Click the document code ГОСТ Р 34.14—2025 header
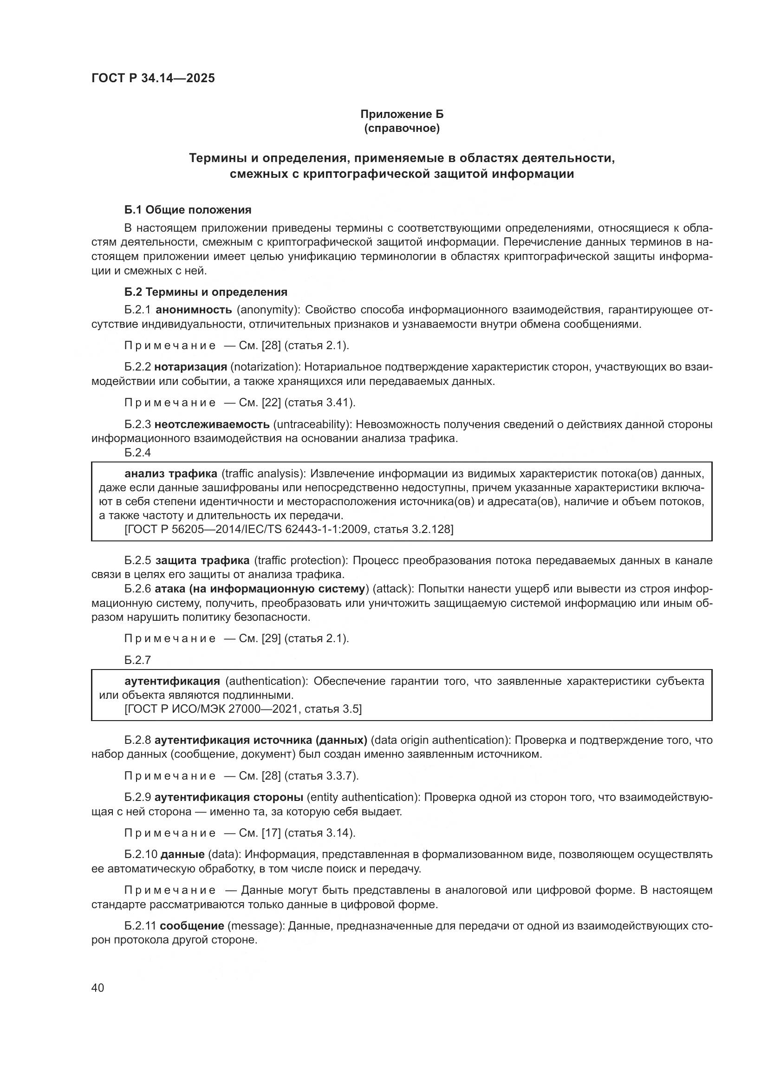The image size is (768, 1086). pyautogui.click(x=153, y=78)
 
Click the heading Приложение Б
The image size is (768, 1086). pyautogui.click(x=402, y=114)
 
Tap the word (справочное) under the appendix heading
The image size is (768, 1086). pyautogui.click(x=402, y=128)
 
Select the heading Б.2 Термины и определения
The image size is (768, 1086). pyautogui.click(x=206, y=292)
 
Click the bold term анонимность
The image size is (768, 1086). pyautogui.click(x=194, y=310)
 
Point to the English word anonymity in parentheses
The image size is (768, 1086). pyautogui.click(x=267, y=310)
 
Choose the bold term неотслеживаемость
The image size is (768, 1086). pyautogui.click(x=211, y=424)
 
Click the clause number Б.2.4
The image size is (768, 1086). pyautogui.click(x=137, y=453)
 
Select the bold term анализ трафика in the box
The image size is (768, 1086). pyautogui.click(x=171, y=474)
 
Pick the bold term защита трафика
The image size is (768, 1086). pyautogui.click(x=202, y=560)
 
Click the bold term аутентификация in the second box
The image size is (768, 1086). pyautogui.click(x=172, y=681)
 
